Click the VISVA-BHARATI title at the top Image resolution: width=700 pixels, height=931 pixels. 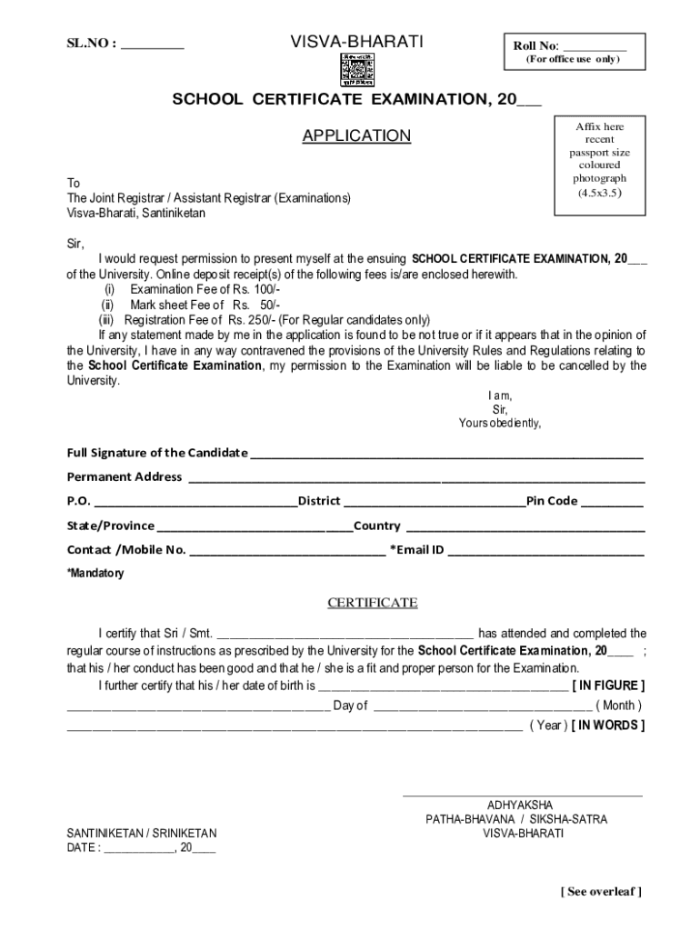coord(356,42)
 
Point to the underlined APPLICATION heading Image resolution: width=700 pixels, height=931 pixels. coord(356,136)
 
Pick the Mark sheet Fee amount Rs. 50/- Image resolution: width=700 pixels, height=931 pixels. coord(255,305)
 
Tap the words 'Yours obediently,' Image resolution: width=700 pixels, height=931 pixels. coord(499,423)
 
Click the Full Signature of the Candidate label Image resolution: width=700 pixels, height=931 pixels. coord(157,453)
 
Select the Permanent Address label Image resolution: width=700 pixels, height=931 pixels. coord(125,476)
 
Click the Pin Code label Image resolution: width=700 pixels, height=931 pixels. coord(552,501)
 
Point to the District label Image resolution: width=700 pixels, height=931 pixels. coord(319,501)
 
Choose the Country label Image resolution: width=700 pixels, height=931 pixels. coord(376,526)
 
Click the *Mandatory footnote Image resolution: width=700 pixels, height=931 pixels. coord(95,574)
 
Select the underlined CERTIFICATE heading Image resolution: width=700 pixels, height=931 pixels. coord(372,603)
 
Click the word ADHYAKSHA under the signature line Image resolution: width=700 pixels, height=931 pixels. coord(519,806)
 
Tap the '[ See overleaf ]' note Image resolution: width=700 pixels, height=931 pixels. coord(601,892)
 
